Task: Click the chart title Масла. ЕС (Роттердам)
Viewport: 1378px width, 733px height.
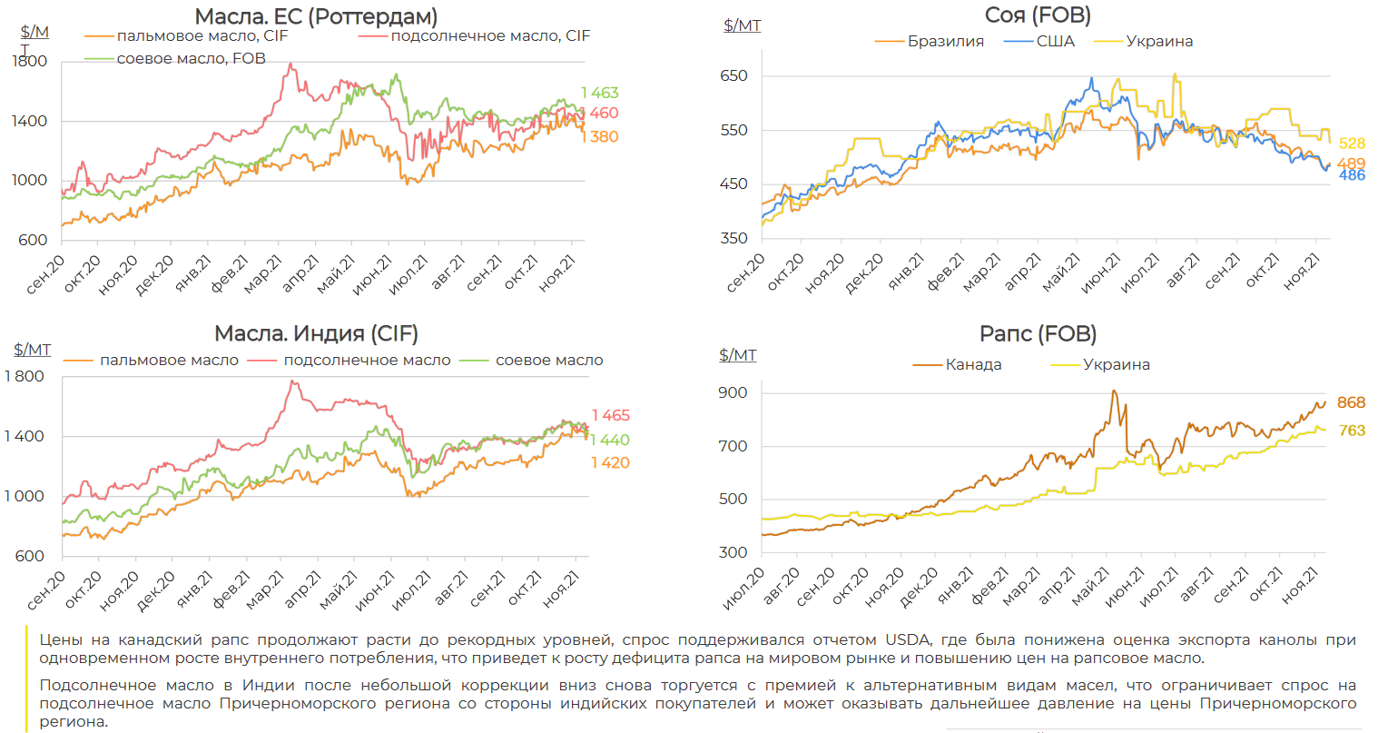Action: point(316,16)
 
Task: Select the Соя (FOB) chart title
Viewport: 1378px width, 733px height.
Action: point(1038,15)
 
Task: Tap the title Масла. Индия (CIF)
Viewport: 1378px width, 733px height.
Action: point(316,333)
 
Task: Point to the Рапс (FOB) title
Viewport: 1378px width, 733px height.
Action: point(1038,333)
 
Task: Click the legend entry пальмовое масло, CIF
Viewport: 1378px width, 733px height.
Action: point(202,36)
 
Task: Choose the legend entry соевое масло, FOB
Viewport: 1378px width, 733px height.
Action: point(191,58)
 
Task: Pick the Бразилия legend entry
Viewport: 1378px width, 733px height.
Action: point(945,42)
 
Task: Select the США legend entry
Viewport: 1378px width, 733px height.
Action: point(1055,42)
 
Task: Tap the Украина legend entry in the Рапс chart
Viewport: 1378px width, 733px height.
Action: point(1116,364)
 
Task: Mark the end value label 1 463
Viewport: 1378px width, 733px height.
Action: point(600,93)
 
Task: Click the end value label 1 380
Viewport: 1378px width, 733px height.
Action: point(600,137)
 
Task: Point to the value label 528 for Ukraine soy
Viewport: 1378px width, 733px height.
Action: point(1352,144)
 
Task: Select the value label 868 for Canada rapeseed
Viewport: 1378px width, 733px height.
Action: point(1351,402)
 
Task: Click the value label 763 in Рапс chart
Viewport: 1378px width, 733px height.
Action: point(1352,431)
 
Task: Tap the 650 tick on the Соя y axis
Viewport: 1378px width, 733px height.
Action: point(733,76)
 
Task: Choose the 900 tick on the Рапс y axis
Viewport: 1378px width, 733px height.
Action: point(733,392)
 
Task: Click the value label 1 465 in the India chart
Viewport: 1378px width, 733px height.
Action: point(610,415)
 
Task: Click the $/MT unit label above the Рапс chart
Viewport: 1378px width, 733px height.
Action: point(737,355)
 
